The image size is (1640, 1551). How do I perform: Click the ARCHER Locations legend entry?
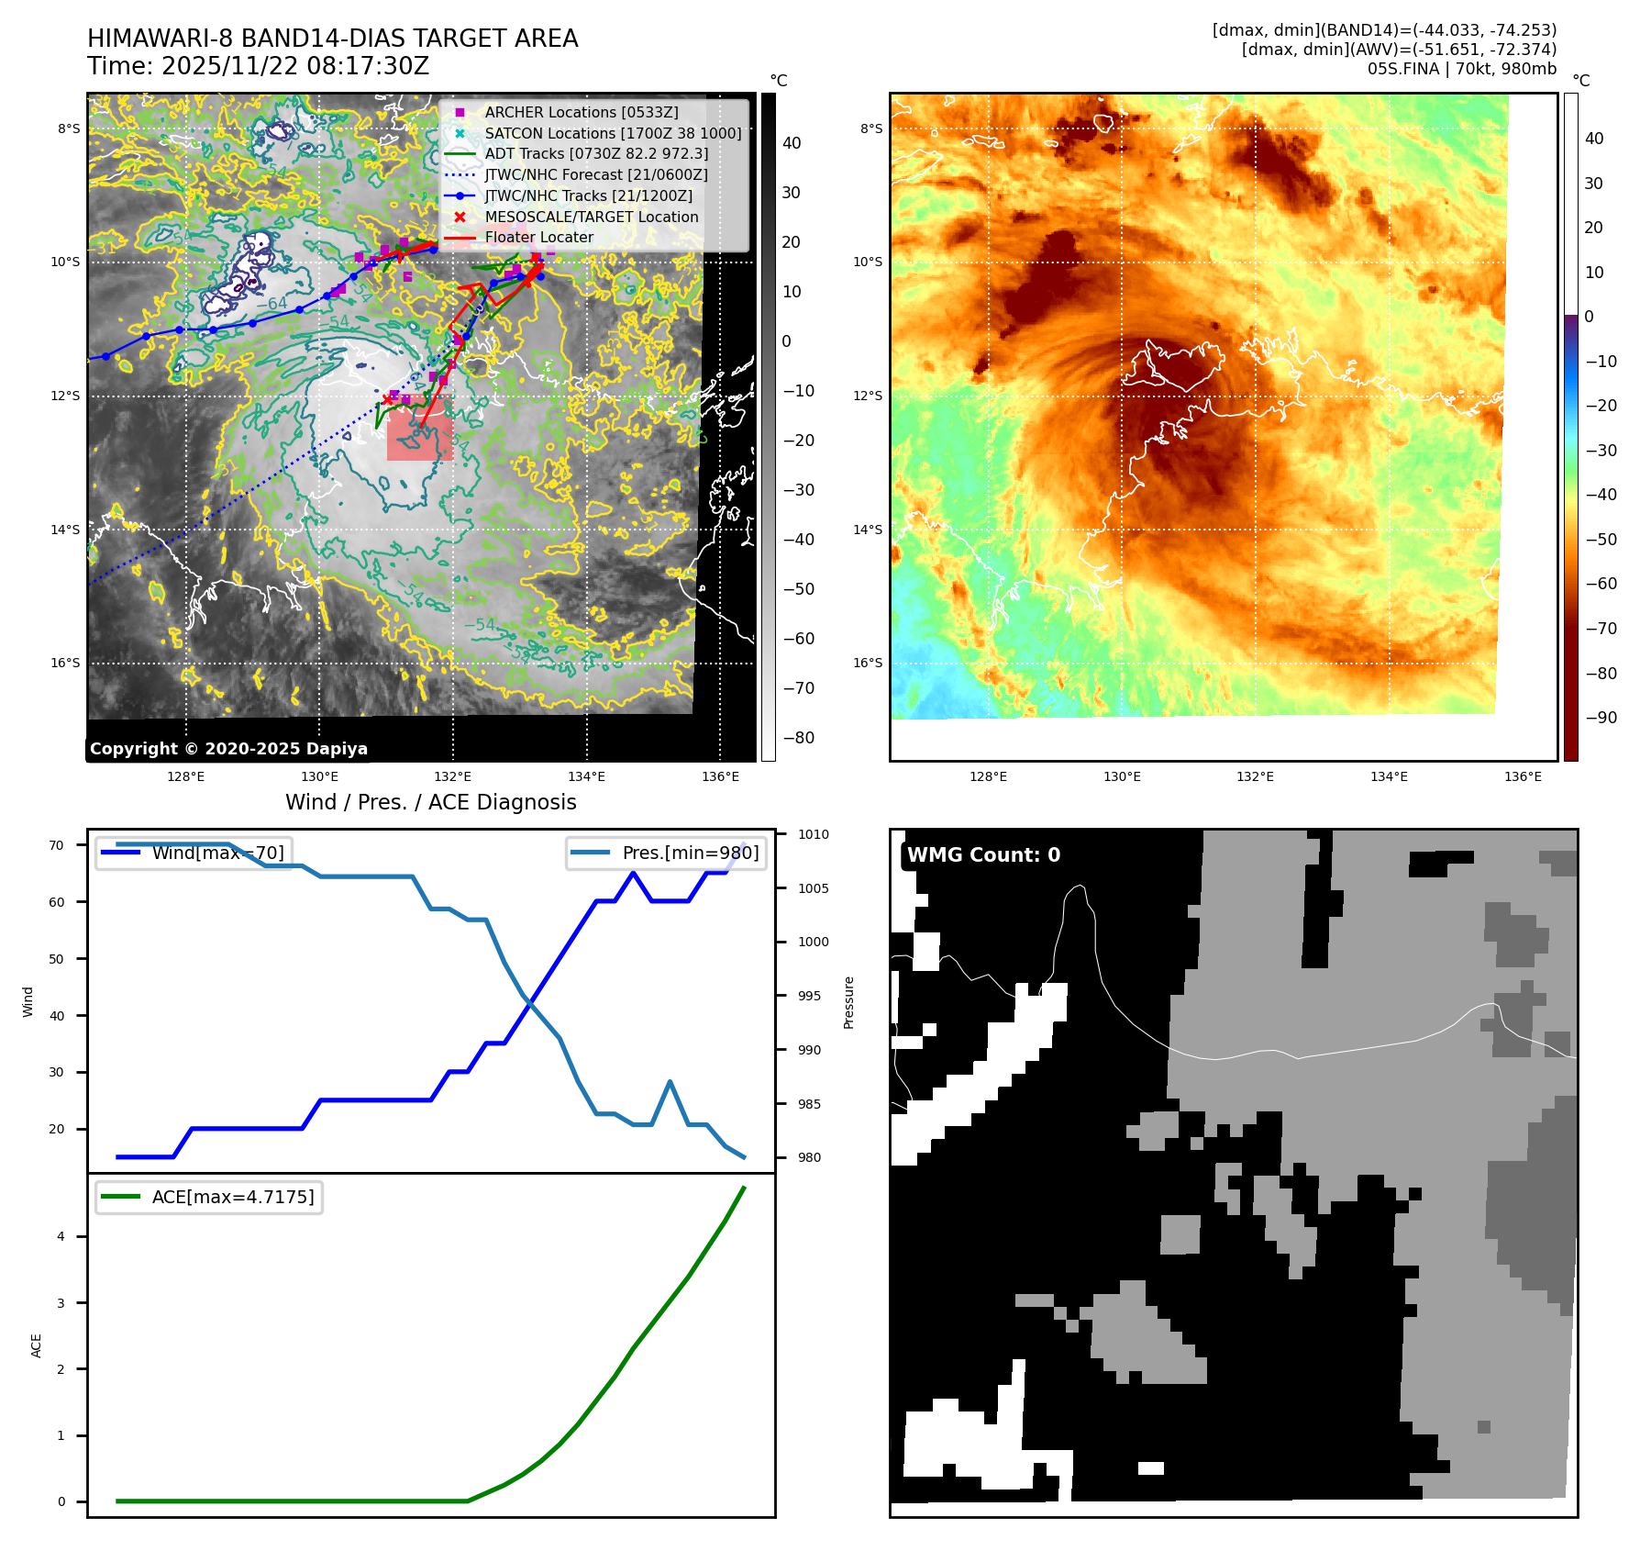[x=582, y=112]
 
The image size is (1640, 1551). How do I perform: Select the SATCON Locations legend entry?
[x=613, y=133]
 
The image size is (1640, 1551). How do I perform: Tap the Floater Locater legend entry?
[x=538, y=237]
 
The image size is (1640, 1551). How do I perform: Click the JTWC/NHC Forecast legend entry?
[x=595, y=174]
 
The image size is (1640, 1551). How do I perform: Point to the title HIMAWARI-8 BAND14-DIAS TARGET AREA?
[x=332, y=39]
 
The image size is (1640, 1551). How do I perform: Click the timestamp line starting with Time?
[x=258, y=66]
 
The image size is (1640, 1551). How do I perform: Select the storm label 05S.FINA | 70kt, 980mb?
[x=1461, y=69]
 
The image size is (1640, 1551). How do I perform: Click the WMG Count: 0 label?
[x=983, y=854]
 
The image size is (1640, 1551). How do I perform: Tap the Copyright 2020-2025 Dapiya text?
[x=228, y=749]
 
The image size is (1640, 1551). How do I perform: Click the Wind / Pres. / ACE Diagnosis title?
[x=430, y=802]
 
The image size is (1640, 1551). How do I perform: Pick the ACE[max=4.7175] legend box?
[x=209, y=1197]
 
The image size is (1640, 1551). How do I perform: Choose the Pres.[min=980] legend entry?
[x=667, y=853]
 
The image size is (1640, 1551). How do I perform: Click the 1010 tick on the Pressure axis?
[x=813, y=834]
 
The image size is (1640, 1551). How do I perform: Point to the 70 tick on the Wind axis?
[x=57, y=845]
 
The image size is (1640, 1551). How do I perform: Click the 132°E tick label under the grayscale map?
[x=452, y=776]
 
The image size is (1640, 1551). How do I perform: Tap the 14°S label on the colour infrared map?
[x=867, y=530]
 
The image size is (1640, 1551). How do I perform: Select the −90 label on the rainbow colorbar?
[x=1601, y=718]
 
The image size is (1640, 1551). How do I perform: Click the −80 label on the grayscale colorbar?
[x=798, y=738]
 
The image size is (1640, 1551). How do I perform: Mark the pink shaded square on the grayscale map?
[x=419, y=435]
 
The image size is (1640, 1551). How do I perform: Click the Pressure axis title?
[x=848, y=1002]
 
